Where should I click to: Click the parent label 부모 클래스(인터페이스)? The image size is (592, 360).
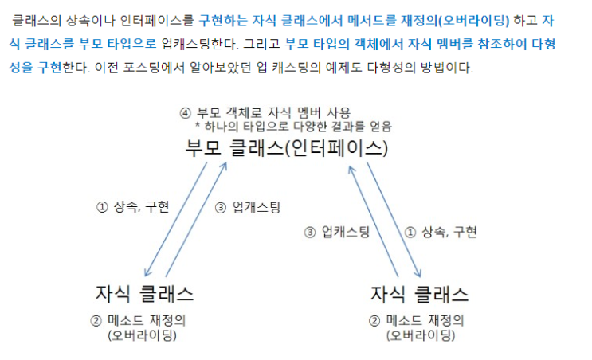point(287,147)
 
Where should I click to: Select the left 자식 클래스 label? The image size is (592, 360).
point(144,294)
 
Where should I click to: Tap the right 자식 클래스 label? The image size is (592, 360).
point(419,294)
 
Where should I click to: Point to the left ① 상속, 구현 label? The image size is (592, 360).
point(132,207)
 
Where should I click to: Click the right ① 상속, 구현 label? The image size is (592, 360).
point(441,232)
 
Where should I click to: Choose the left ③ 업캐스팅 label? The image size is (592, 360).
point(248,207)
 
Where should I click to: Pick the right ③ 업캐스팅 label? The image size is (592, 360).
point(337,232)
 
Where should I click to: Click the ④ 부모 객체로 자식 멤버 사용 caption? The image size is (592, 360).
point(265,113)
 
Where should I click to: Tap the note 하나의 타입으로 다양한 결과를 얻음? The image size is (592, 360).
point(294,127)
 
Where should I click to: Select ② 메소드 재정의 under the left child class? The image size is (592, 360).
point(138,320)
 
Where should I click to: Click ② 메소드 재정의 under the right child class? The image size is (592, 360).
point(416,320)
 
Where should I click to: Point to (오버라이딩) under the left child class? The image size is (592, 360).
point(143,335)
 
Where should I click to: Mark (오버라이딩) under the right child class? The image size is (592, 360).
point(421,335)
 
